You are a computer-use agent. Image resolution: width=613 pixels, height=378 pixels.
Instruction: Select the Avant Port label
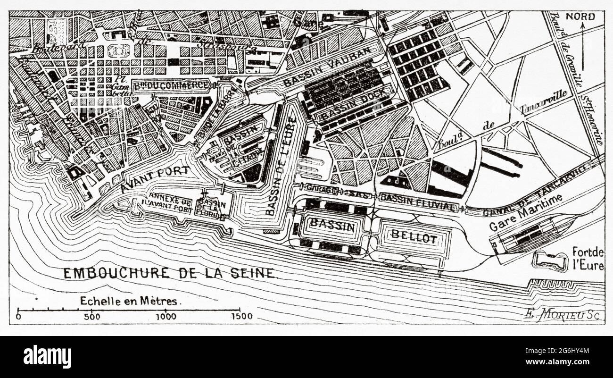point(155,179)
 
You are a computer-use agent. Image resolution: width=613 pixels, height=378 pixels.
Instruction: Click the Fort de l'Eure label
point(588,258)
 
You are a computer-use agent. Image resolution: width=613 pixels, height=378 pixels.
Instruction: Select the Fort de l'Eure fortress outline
point(550,260)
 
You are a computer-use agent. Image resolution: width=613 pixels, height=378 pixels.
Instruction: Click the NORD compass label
point(580,17)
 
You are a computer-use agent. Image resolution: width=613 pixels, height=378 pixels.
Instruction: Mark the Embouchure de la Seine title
point(169,273)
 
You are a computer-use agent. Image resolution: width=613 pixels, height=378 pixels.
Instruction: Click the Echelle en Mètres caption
point(128,301)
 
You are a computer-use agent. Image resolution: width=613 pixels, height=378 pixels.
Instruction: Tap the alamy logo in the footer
point(47,356)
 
